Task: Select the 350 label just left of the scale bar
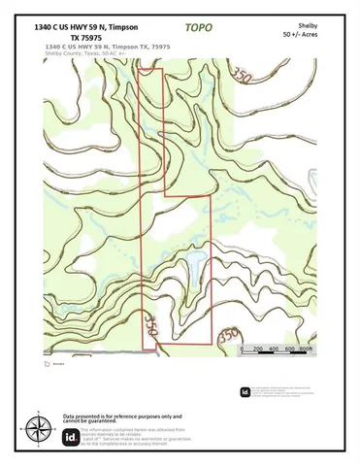click(x=228, y=336)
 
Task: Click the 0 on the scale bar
click(x=242, y=349)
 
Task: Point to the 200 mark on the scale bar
click(x=257, y=349)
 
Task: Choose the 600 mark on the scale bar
click(x=290, y=349)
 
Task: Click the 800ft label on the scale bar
click(x=307, y=349)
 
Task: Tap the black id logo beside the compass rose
click(x=70, y=437)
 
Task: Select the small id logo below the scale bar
click(x=245, y=392)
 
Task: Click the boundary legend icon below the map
click(x=47, y=365)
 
